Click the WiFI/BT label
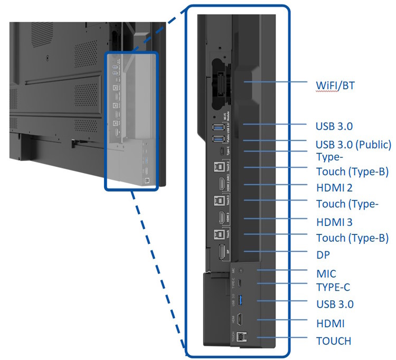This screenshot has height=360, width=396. (335, 86)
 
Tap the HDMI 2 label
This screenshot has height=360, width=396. (334, 187)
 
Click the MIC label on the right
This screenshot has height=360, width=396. (326, 273)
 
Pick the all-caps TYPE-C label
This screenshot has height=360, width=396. (333, 287)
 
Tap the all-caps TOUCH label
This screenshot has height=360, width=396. (333, 340)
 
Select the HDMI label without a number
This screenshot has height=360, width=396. (330, 323)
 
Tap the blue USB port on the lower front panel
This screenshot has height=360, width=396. (241, 301)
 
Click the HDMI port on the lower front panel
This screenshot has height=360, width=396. (241, 319)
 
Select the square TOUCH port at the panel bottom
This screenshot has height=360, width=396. (242, 337)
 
